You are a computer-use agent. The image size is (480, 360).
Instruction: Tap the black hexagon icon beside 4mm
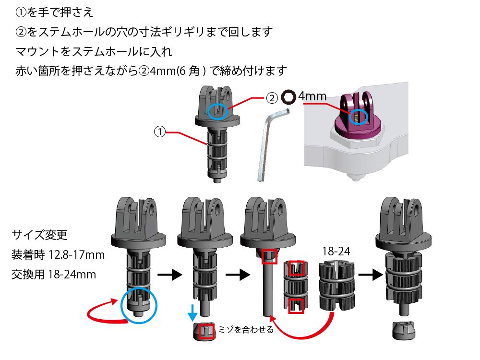288,97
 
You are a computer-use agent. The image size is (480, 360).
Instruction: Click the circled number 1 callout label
159,132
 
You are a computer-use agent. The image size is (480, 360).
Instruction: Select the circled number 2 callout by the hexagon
272,98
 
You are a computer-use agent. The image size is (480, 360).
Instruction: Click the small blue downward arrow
192,312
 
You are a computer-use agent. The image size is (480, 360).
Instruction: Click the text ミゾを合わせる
245,330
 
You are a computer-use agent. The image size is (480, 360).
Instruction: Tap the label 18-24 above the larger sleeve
336,252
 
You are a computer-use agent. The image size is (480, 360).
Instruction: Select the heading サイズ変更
39,235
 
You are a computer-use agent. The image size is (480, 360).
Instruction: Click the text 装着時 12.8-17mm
58,255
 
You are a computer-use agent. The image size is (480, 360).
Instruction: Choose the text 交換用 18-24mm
54,274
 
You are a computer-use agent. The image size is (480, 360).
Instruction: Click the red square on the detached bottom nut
206,331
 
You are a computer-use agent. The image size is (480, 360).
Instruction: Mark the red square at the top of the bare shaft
270,256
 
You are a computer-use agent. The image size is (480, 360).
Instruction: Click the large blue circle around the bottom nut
139,305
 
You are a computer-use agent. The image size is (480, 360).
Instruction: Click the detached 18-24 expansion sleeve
337,286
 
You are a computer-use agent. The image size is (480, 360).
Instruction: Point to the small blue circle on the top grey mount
217,111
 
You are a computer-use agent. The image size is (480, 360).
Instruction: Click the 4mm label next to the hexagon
312,96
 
